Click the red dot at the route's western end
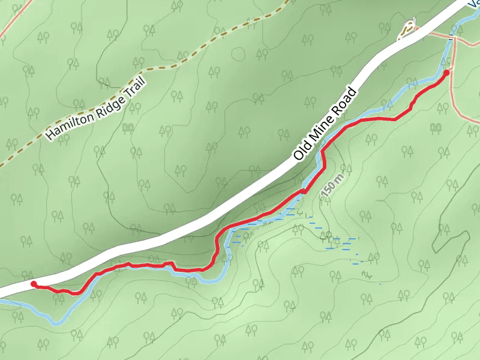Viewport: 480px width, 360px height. coord(34,284)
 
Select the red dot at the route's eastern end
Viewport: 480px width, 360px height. coord(446,73)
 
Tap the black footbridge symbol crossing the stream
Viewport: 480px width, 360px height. coord(450,37)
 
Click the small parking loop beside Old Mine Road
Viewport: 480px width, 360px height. coord(408,29)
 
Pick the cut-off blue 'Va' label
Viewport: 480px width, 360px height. coord(474,4)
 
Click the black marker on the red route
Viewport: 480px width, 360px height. coord(304,191)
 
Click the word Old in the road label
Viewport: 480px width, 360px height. coord(302,149)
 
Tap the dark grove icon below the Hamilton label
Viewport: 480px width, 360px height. coord(127,127)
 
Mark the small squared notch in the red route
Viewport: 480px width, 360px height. coord(170,263)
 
